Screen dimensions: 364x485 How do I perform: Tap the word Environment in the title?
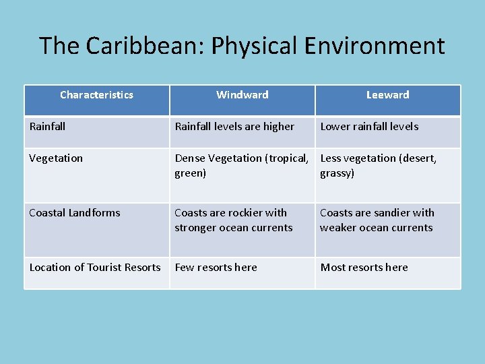pyautogui.click(x=375, y=46)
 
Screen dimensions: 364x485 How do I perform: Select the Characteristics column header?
pyautogui.click(x=96, y=95)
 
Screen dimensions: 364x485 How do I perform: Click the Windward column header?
pyautogui.click(x=242, y=95)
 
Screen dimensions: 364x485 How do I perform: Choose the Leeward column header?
pyautogui.click(x=387, y=95)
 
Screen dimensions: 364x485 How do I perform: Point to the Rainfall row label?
pyautogui.click(x=47, y=127)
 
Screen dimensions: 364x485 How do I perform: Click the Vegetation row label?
pyautogui.click(x=56, y=158)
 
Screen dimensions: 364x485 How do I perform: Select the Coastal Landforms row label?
pyautogui.click(x=75, y=213)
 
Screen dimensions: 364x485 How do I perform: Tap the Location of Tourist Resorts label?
pyautogui.click(x=95, y=268)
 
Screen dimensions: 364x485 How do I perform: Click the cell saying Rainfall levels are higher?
pyautogui.click(x=234, y=127)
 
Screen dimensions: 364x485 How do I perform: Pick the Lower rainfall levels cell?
pyautogui.click(x=369, y=127)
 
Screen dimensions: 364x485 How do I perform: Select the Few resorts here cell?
pyautogui.click(x=216, y=268)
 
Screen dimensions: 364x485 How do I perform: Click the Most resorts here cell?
pyautogui.click(x=364, y=268)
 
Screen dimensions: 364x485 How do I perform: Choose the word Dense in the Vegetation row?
pyautogui.click(x=190, y=158)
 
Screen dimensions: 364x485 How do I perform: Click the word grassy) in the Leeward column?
pyautogui.click(x=337, y=173)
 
